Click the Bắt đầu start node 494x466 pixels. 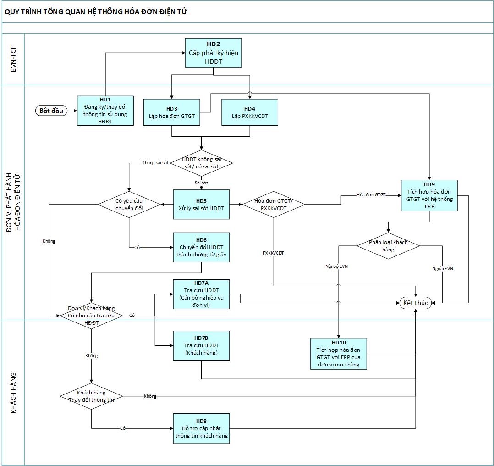pyautogui.click(x=51, y=111)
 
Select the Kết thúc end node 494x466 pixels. pyautogui.click(x=416, y=303)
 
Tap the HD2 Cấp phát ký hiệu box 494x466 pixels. pyautogui.click(x=213, y=53)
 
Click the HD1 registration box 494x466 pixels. pyautogui.click(x=105, y=111)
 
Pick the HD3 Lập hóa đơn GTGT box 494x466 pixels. pyautogui.click(x=172, y=112)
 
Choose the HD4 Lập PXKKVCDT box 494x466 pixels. pyautogui.click(x=249, y=112)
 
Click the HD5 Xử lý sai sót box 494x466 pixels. pyautogui.click(x=201, y=204)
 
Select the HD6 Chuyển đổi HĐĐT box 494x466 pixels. pyautogui.click(x=201, y=248)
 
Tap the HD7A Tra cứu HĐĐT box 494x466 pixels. pyautogui.click(x=201, y=294)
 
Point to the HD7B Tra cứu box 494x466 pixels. pyautogui.click(x=201, y=345)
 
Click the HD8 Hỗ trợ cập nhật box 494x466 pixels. pyautogui.click(x=201, y=428)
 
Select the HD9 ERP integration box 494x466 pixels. pyautogui.click(x=429, y=195)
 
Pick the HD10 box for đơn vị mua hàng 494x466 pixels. pyautogui.click(x=339, y=354)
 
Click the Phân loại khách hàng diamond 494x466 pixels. pyautogui.click(x=388, y=246)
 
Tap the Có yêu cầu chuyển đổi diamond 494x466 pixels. pyautogui.click(x=129, y=204)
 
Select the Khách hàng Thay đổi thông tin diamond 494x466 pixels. pyautogui.click(x=91, y=396)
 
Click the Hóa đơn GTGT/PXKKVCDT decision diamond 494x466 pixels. pyautogui.click(x=274, y=204)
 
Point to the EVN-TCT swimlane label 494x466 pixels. pyautogui.click(x=13, y=60)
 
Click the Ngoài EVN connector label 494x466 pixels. pyautogui.click(x=443, y=269)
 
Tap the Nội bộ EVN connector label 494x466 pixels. pyautogui.click(x=336, y=266)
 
